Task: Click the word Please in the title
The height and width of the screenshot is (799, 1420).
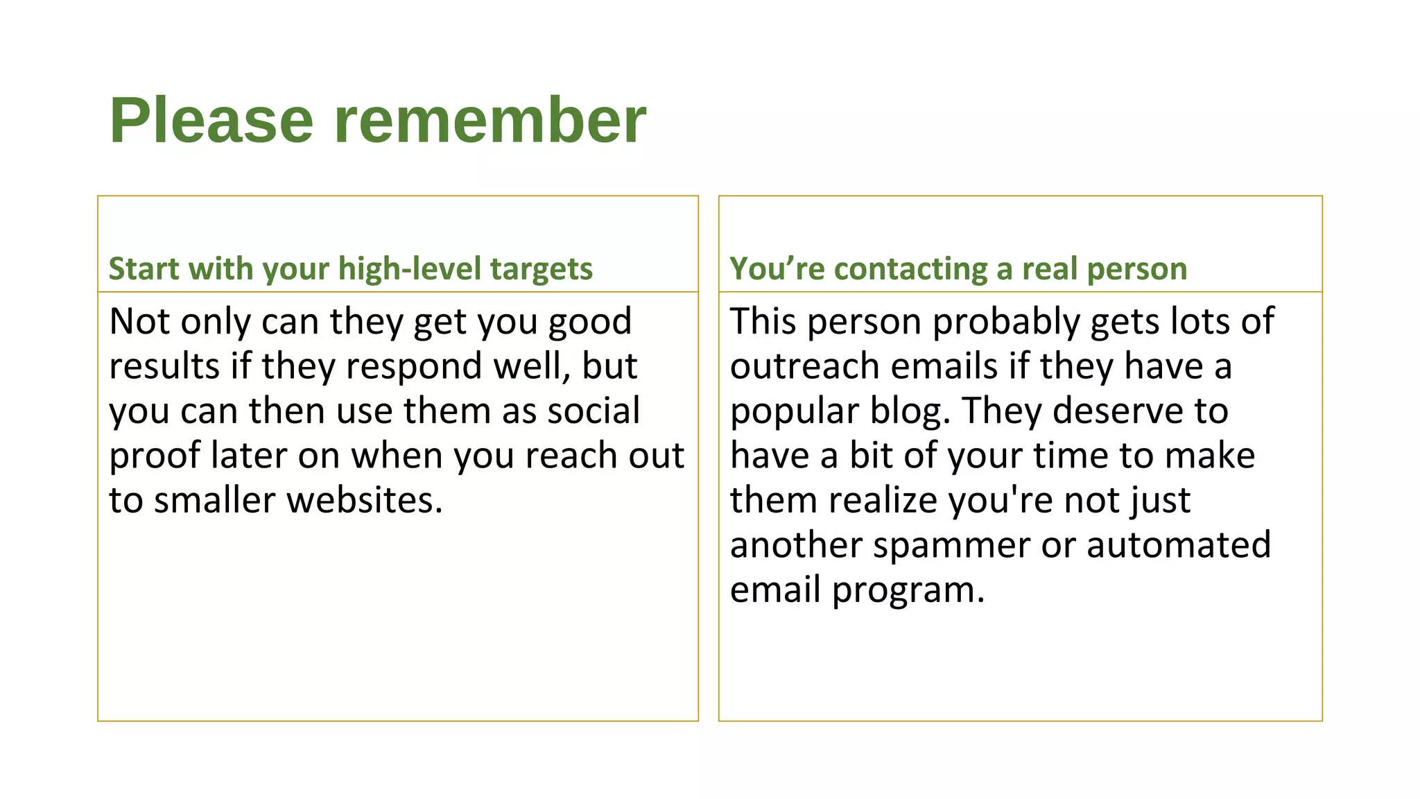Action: (211, 121)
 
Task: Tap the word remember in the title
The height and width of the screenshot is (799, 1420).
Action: (490, 121)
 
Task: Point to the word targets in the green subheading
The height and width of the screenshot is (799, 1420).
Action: (542, 269)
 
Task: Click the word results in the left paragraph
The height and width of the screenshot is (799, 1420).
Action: (164, 366)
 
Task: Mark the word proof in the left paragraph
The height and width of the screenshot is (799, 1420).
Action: (155, 456)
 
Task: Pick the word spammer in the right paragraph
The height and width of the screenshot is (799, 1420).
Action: (952, 545)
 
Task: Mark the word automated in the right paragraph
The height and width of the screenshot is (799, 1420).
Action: (1179, 545)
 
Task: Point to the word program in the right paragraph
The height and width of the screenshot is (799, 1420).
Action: (908, 591)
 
